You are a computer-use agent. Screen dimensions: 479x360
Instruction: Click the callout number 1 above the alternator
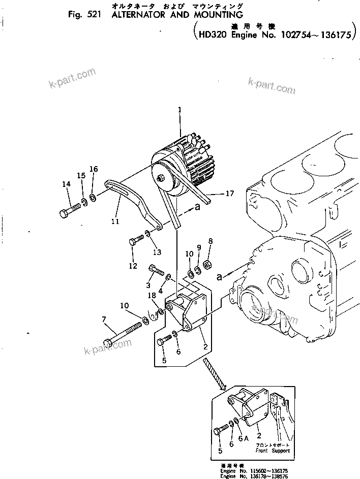tap(179, 109)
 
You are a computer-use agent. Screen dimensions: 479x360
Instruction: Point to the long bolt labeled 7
tap(124, 332)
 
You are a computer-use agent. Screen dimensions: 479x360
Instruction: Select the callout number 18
tap(152, 295)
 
